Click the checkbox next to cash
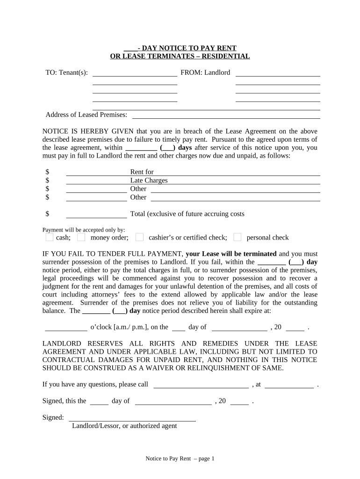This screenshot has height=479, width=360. [x=49, y=237]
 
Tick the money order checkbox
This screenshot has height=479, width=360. [x=81, y=237]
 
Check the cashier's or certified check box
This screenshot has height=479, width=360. [x=139, y=237]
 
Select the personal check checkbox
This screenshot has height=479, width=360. [x=238, y=237]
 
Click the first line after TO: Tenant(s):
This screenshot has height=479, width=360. [x=135, y=75]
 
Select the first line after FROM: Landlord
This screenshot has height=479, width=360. [x=278, y=75]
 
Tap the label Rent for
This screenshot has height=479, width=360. [x=142, y=172]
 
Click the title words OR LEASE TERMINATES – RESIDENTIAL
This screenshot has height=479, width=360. [x=180, y=57]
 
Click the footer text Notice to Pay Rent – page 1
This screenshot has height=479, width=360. [x=180, y=459]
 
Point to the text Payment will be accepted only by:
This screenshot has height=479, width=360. [x=84, y=230]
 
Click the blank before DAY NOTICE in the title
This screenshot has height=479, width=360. [x=130, y=48]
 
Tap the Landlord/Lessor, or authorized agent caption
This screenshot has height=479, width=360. [x=124, y=426]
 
